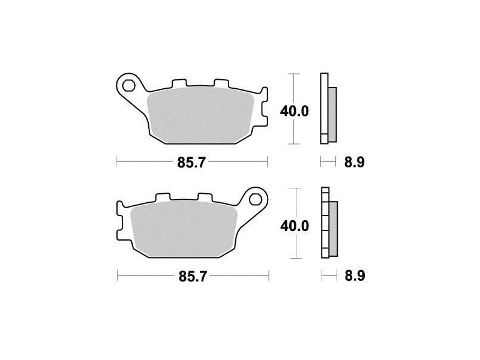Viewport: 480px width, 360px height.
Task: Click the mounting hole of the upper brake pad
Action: tap(128, 86)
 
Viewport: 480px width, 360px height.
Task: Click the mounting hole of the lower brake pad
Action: tap(256, 200)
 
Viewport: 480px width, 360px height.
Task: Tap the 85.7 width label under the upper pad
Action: tap(191, 162)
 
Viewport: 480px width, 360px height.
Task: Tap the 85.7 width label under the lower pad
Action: tap(193, 277)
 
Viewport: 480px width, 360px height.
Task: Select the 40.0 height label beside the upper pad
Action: tap(295, 112)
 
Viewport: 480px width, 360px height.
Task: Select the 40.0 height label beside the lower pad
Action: tap(295, 226)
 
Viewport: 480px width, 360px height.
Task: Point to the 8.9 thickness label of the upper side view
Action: tap(355, 162)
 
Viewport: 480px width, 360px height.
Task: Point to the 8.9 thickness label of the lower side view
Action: tap(355, 276)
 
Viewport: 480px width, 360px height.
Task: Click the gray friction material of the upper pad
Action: tap(200, 115)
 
